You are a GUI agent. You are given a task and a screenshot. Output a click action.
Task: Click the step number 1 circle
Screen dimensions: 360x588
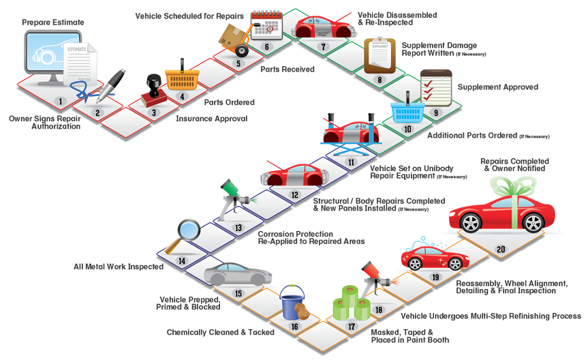(x=61, y=102)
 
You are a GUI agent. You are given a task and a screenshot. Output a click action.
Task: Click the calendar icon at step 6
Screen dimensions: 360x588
(x=266, y=25)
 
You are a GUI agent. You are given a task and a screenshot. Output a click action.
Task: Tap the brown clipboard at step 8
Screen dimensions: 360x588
(x=380, y=55)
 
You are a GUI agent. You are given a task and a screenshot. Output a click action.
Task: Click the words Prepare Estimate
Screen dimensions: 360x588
(x=53, y=22)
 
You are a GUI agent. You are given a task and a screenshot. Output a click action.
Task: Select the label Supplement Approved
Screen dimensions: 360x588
(x=498, y=87)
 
